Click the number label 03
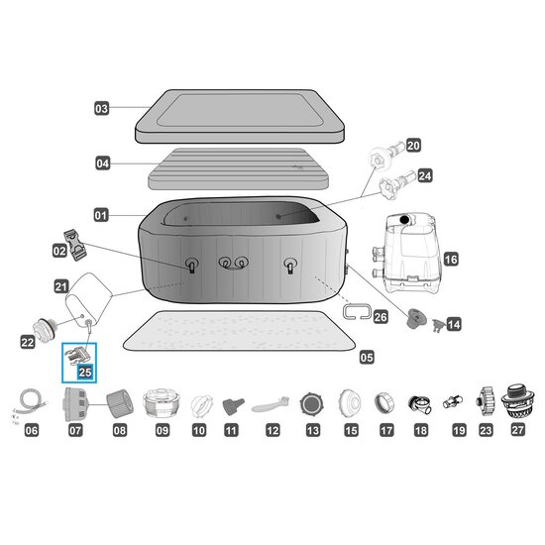[x=101, y=108]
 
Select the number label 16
[x=451, y=260]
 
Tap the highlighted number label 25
[x=85, y=373]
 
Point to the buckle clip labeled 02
[x=75, y=245]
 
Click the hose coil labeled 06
[x=31, y=403]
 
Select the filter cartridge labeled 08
[x=120, y=404]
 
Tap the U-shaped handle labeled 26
[x=358, y=310]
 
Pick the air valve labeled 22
[x=45, y=330]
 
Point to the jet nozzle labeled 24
[x=396, y=183]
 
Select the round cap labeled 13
[x=312, y=404]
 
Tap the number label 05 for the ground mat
[x=367, y=358]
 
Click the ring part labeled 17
[x=384, y=403]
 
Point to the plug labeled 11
[x=233, y=406]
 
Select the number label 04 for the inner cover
[x=102, y=163]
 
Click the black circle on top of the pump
[x=404, y=220]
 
